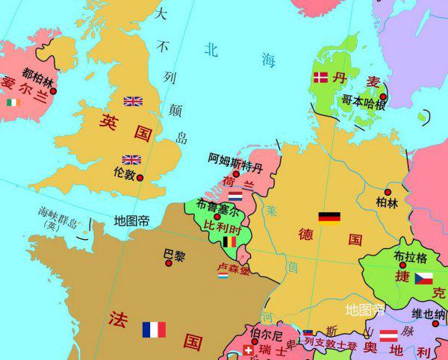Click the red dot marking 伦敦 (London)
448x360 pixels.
(x=139, y=178)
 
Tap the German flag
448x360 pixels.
(x=329, y=217)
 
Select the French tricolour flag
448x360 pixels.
(x=153, y=329)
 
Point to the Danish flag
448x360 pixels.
(x=320, y=77)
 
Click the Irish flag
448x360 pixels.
(x=11, y=102)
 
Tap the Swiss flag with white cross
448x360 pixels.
(x=249, y=350)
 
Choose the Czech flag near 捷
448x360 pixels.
(x=423, y=279)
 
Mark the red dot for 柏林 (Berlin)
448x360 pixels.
(x=388, y=192)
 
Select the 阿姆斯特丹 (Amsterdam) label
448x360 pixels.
(x=235, y=160)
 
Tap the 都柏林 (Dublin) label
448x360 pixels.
(x=38, y=73)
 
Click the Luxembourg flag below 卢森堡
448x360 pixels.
(x=223, y=276)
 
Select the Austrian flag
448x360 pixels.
(x=388, y=335)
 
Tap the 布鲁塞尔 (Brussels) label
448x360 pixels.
(x=217, y=204)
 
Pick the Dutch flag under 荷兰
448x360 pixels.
(x=235, y=195)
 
